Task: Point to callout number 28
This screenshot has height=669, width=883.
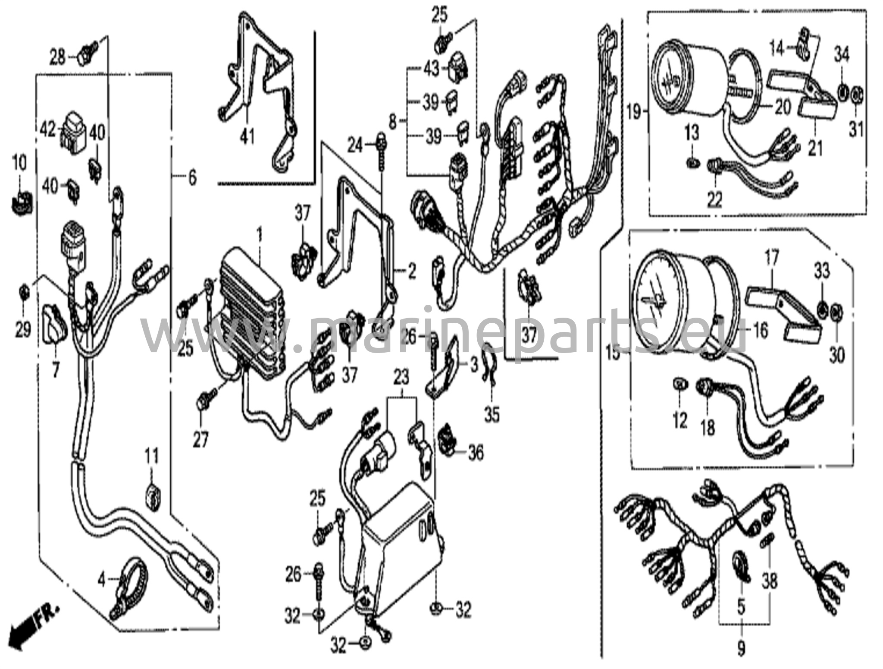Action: click(58, 57)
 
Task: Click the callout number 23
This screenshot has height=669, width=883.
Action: click(401, 379)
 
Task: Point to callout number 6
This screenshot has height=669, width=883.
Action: click(192, 177)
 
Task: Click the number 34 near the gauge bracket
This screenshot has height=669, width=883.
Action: click(841, 55)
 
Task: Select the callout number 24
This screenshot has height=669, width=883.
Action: click(355, 147)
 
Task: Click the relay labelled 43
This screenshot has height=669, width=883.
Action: click(459, 66)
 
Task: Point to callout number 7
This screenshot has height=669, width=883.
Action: click(55, 370)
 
